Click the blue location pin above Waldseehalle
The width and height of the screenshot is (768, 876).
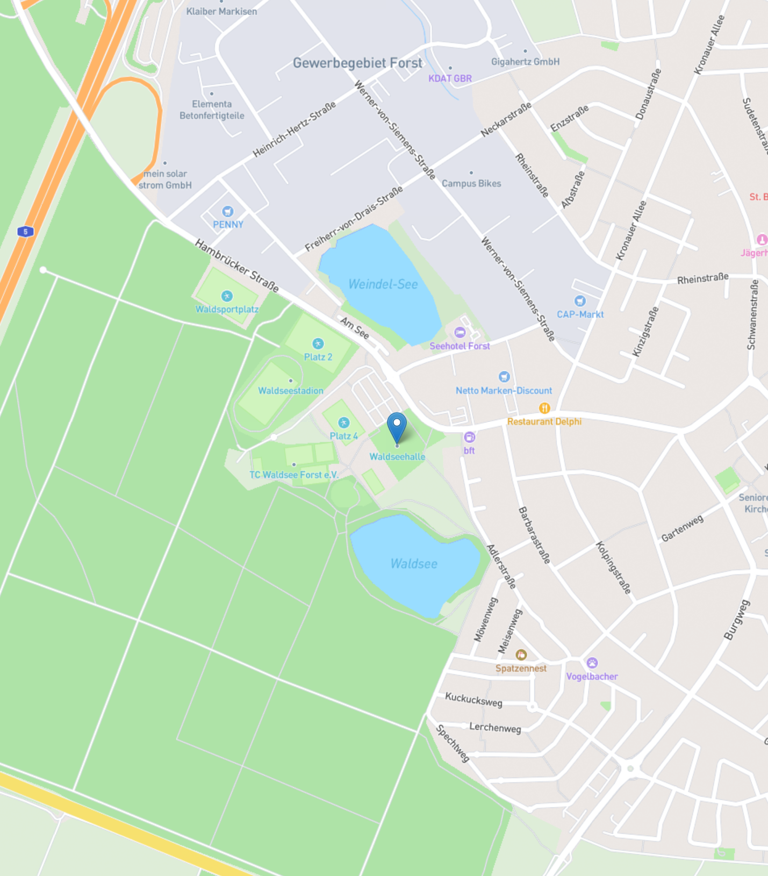coord(397,425)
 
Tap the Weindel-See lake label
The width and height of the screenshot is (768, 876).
coord(383,284)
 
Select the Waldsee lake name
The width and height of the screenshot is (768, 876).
coord(413,564)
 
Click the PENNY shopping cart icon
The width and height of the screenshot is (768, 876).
coord(228,212)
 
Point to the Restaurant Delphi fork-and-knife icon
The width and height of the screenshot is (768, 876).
coord(544,408)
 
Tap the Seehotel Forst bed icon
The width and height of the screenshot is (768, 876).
coord(460,333)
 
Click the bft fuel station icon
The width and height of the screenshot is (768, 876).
coord(469,437)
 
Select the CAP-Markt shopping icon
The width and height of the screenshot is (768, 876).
coord(579,301)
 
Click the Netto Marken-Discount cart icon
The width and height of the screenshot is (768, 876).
coord(504,377)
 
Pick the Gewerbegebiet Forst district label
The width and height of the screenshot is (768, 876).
coord(357,63)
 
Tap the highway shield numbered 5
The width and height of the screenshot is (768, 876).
coord(25,232)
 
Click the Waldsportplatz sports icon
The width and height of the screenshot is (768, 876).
coord(227,296)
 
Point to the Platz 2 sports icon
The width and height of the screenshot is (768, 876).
coord(318,344)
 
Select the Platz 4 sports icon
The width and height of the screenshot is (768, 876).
coord(343,423)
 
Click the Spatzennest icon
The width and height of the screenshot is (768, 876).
coord(521,655)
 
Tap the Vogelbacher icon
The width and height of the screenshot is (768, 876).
coord(592,663)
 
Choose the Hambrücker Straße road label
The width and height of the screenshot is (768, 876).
coord(236,266)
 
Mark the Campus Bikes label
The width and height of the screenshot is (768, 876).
coord(471,183)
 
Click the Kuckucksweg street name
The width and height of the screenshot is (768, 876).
coord(473,700)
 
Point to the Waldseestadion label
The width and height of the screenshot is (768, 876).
coord(291,391)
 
